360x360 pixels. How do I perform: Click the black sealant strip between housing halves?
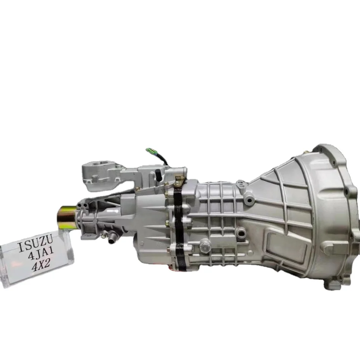pos(178,227)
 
